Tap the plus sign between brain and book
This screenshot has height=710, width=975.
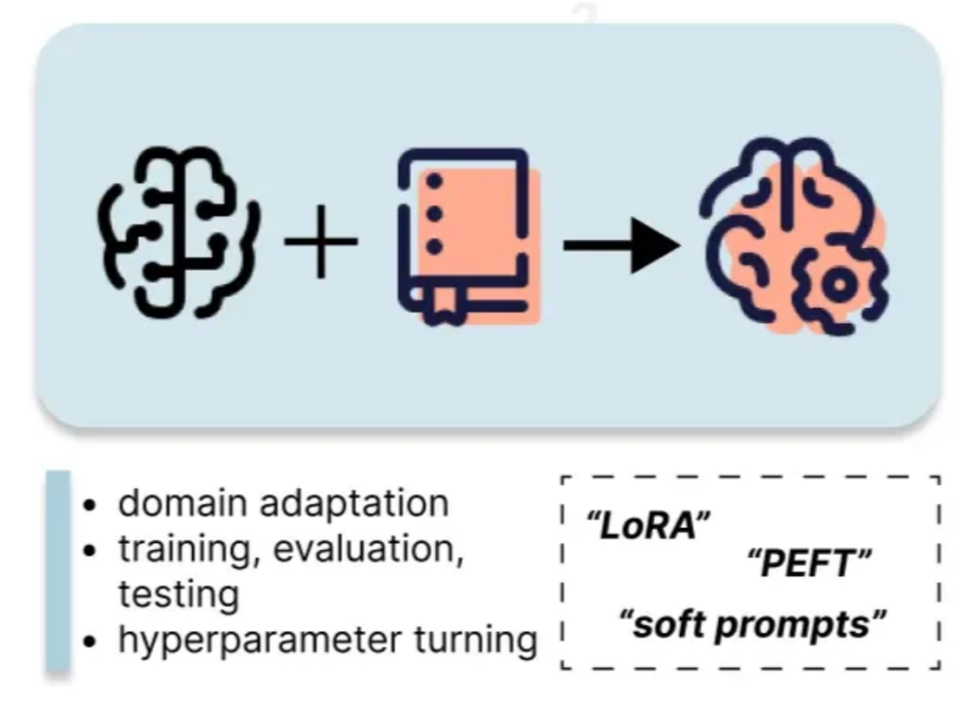point(321,241)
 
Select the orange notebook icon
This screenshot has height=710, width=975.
point(468,237)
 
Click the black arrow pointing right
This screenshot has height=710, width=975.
point(622,245)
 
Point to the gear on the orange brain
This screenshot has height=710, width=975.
point(840,285)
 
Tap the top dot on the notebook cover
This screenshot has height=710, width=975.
point(434,181)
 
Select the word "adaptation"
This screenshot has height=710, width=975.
point(354,504)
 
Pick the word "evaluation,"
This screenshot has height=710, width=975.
point(368,550)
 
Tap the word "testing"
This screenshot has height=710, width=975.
point(179,596)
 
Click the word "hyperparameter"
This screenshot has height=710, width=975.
point(260,640)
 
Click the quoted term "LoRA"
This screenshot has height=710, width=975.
point(647,526)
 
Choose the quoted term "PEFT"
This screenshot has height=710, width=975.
point(809,564)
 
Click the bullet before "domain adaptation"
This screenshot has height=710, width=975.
point(90,505)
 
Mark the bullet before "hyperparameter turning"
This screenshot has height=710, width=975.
point(90,641)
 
